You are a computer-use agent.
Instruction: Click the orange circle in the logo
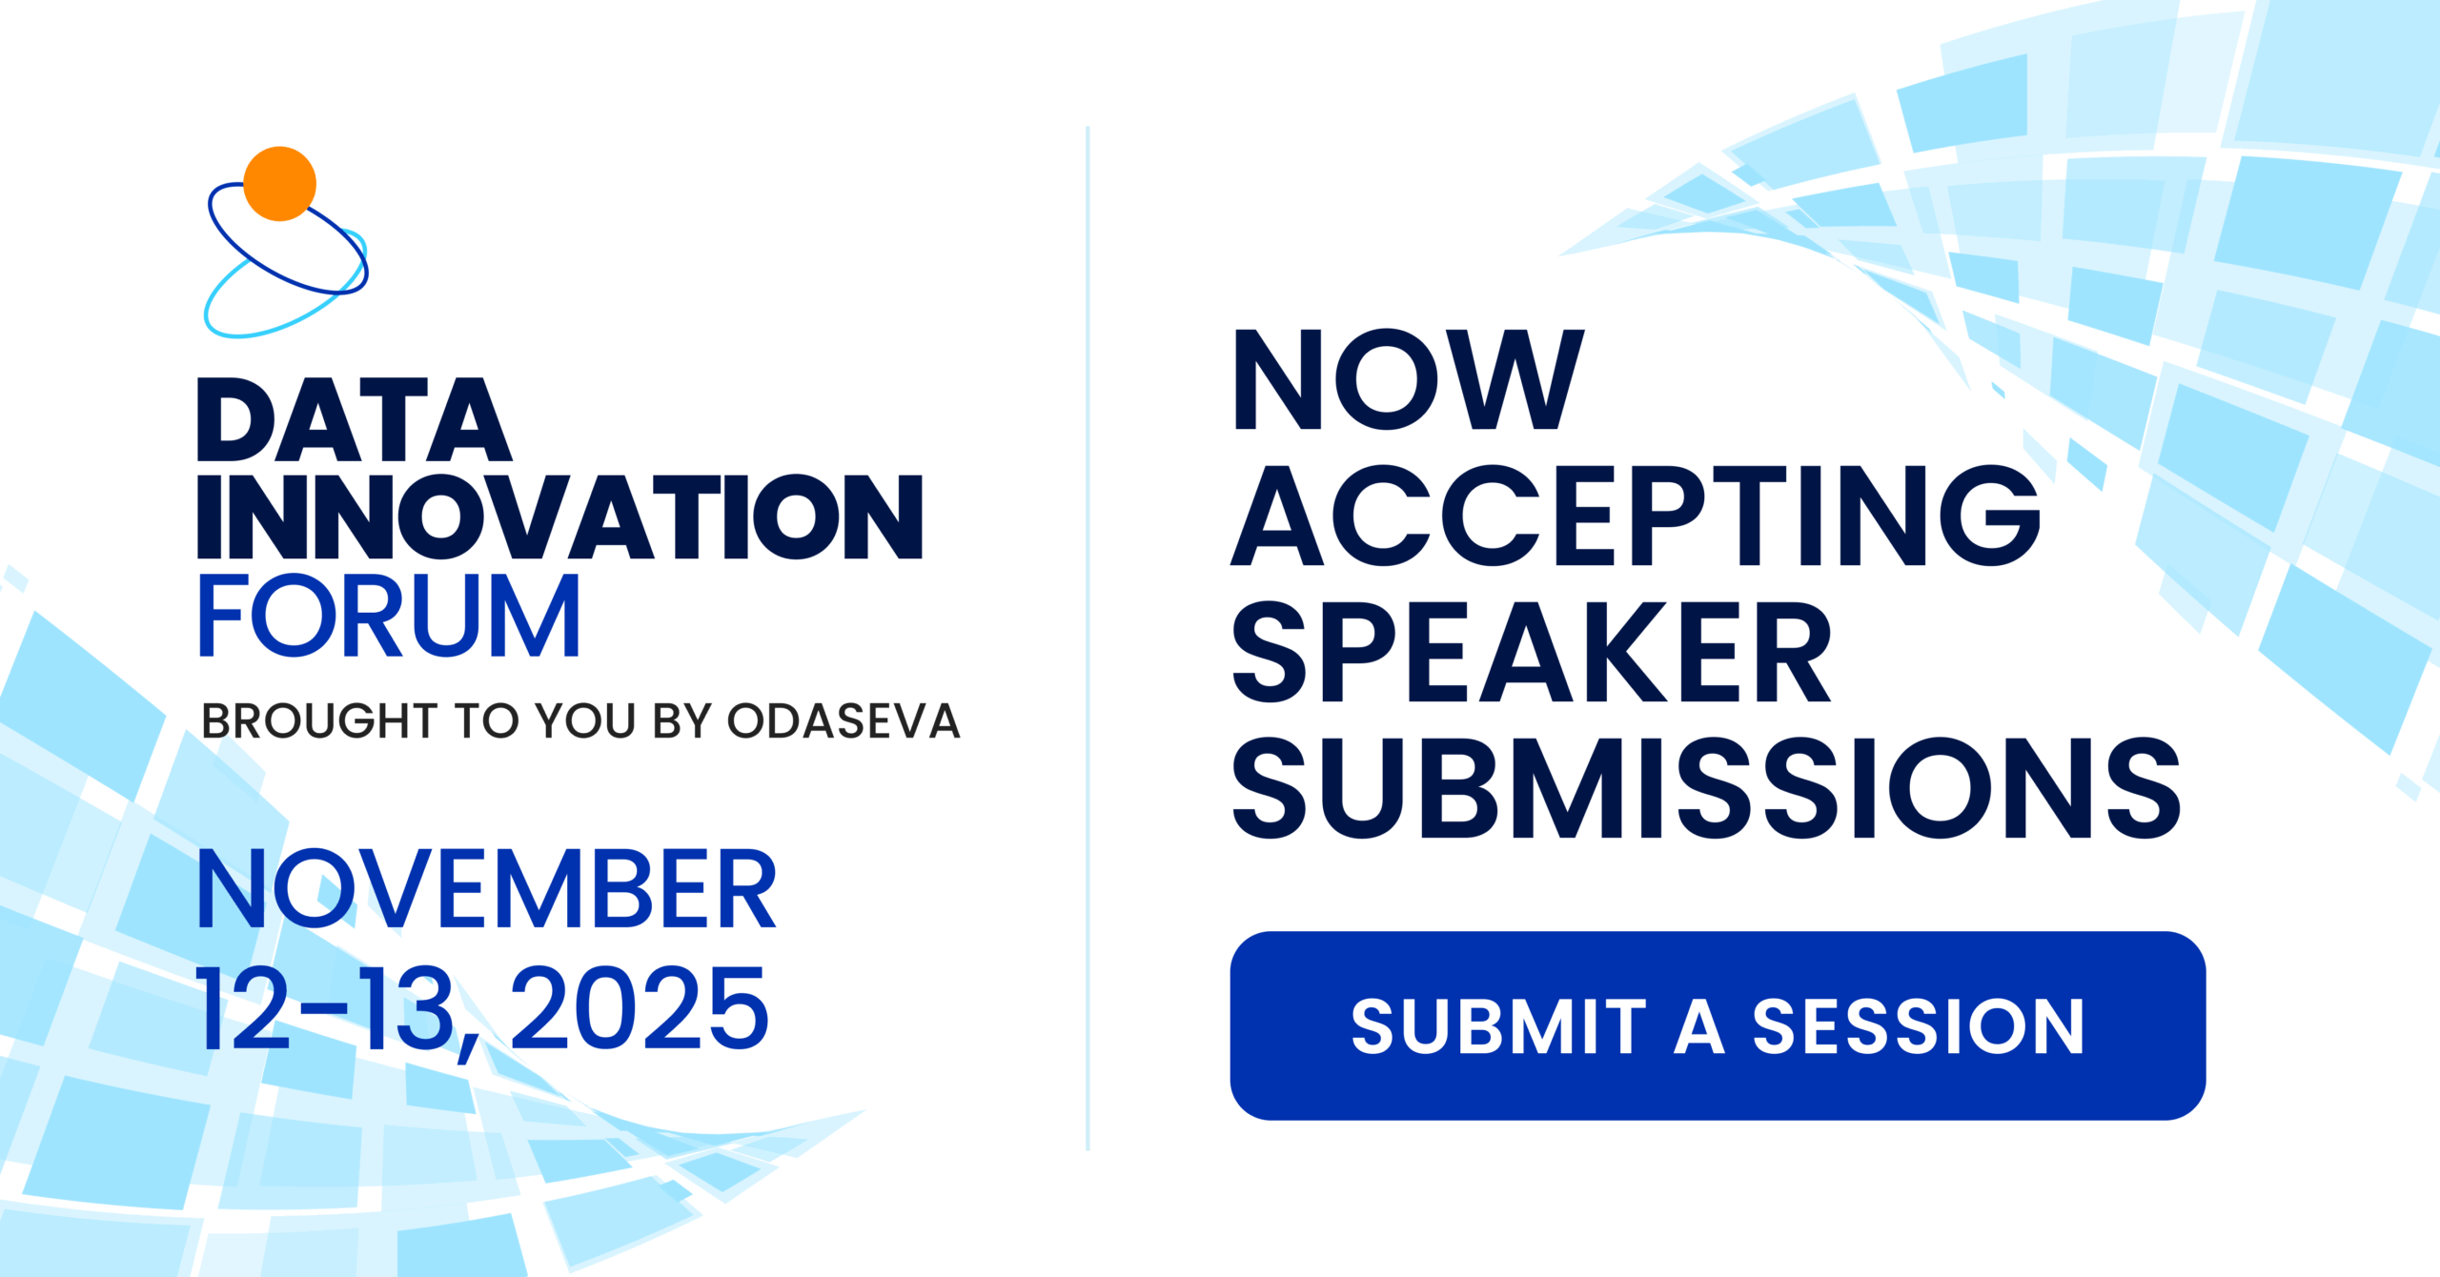click(279, 184)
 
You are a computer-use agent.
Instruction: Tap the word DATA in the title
click(355, 419)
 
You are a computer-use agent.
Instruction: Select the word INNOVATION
click(560, 517)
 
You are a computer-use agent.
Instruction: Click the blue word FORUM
click(389, 616)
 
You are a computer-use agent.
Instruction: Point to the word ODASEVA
click(844, 720)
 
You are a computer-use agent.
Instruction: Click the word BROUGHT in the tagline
click(319, 720)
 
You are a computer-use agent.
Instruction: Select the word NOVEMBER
click(487, 889)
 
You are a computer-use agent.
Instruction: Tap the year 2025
click(640, 1008)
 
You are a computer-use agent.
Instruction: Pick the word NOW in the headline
click(1409, 379)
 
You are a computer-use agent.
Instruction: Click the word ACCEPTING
click(1636, 516)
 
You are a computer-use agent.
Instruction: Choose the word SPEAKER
click(1532, 652)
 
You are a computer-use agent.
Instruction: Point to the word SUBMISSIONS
click(1706, 788)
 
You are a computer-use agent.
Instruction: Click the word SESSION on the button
click(1919, 1027)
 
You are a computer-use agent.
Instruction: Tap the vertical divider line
click(1088, 638)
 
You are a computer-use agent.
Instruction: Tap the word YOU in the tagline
click(586, 720)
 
